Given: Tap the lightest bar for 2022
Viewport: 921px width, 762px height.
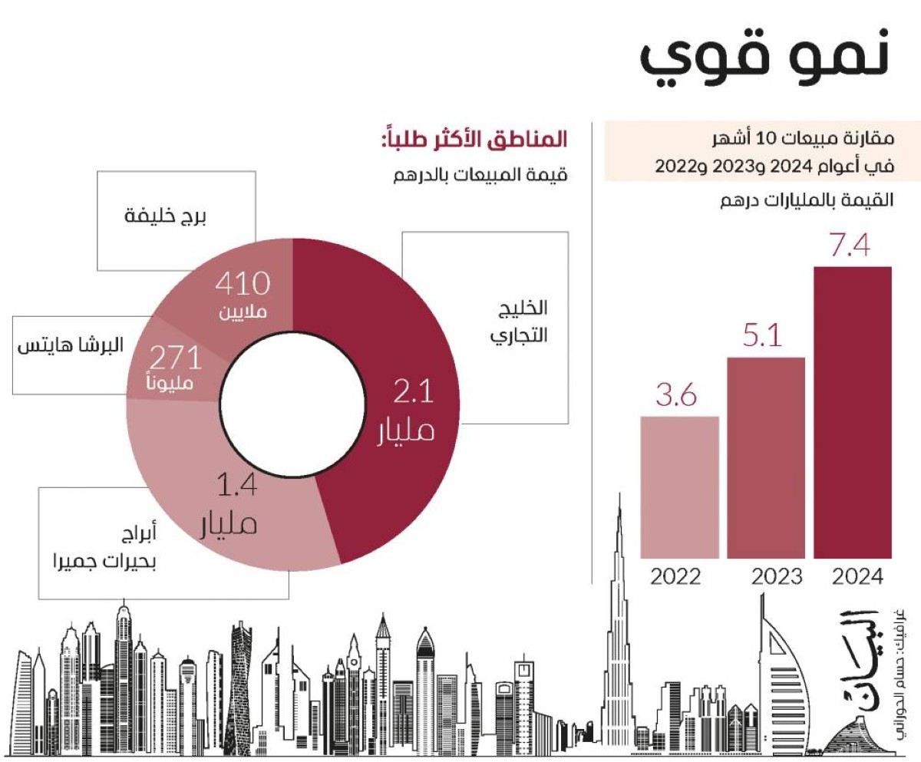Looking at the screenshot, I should click(x=679, y=487).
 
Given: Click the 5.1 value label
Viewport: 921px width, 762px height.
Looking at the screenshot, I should click(x=765, y=336).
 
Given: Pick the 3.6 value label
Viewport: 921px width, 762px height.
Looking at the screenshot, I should click(x=676, y=397).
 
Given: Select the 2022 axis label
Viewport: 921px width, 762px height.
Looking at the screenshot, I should click(x=675, y=576).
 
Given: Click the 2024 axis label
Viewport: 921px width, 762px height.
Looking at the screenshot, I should click(x=857, y=576).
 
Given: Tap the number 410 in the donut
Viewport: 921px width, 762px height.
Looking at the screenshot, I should click(x=242, y=285).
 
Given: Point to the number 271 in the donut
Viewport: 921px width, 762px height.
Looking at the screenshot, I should click(x=175, y=358).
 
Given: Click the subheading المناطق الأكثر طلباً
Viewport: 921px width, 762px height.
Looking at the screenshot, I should click(x=474, y=141).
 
